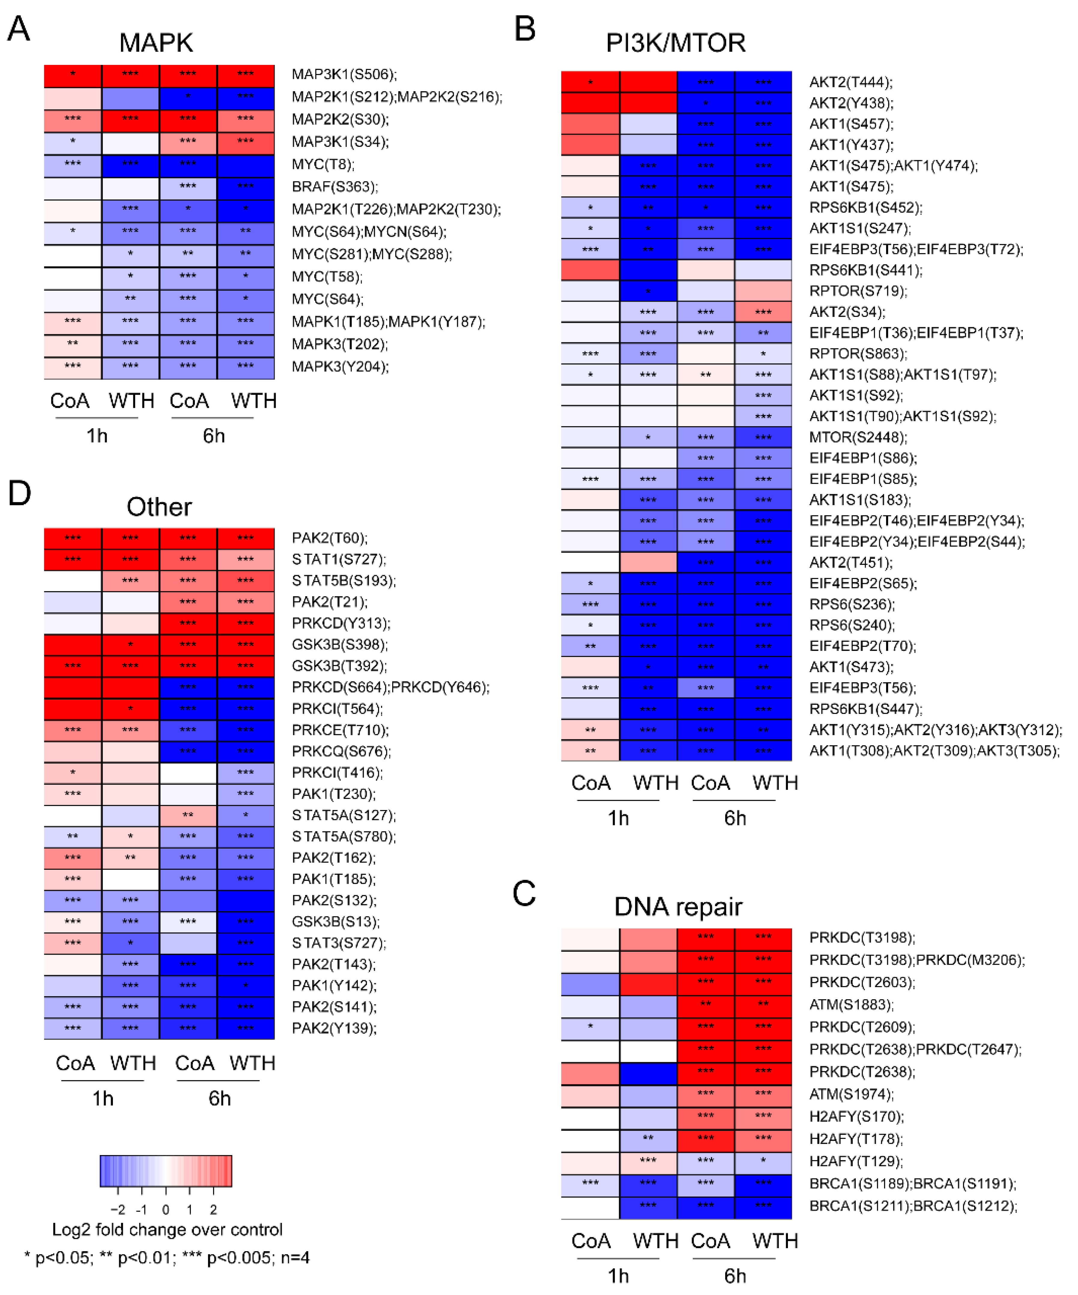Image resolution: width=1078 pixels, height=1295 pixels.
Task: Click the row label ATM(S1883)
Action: pos(851,1005)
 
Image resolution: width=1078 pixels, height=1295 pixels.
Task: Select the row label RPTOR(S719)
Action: pos(858,291)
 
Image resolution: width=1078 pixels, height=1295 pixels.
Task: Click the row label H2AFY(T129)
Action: pos(856,1161)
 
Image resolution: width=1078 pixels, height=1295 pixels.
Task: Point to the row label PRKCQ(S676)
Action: pos(341,751)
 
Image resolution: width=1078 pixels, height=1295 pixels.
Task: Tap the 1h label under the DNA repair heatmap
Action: pos(618,1275)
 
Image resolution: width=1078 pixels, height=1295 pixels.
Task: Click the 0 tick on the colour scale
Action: pos(165,1209)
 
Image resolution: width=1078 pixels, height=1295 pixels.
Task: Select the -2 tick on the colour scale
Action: pos(117,1209)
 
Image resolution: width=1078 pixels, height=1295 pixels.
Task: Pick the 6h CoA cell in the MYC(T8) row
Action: pos(188,164)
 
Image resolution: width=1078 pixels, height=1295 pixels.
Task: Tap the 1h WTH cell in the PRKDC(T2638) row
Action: pos(648,1072)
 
